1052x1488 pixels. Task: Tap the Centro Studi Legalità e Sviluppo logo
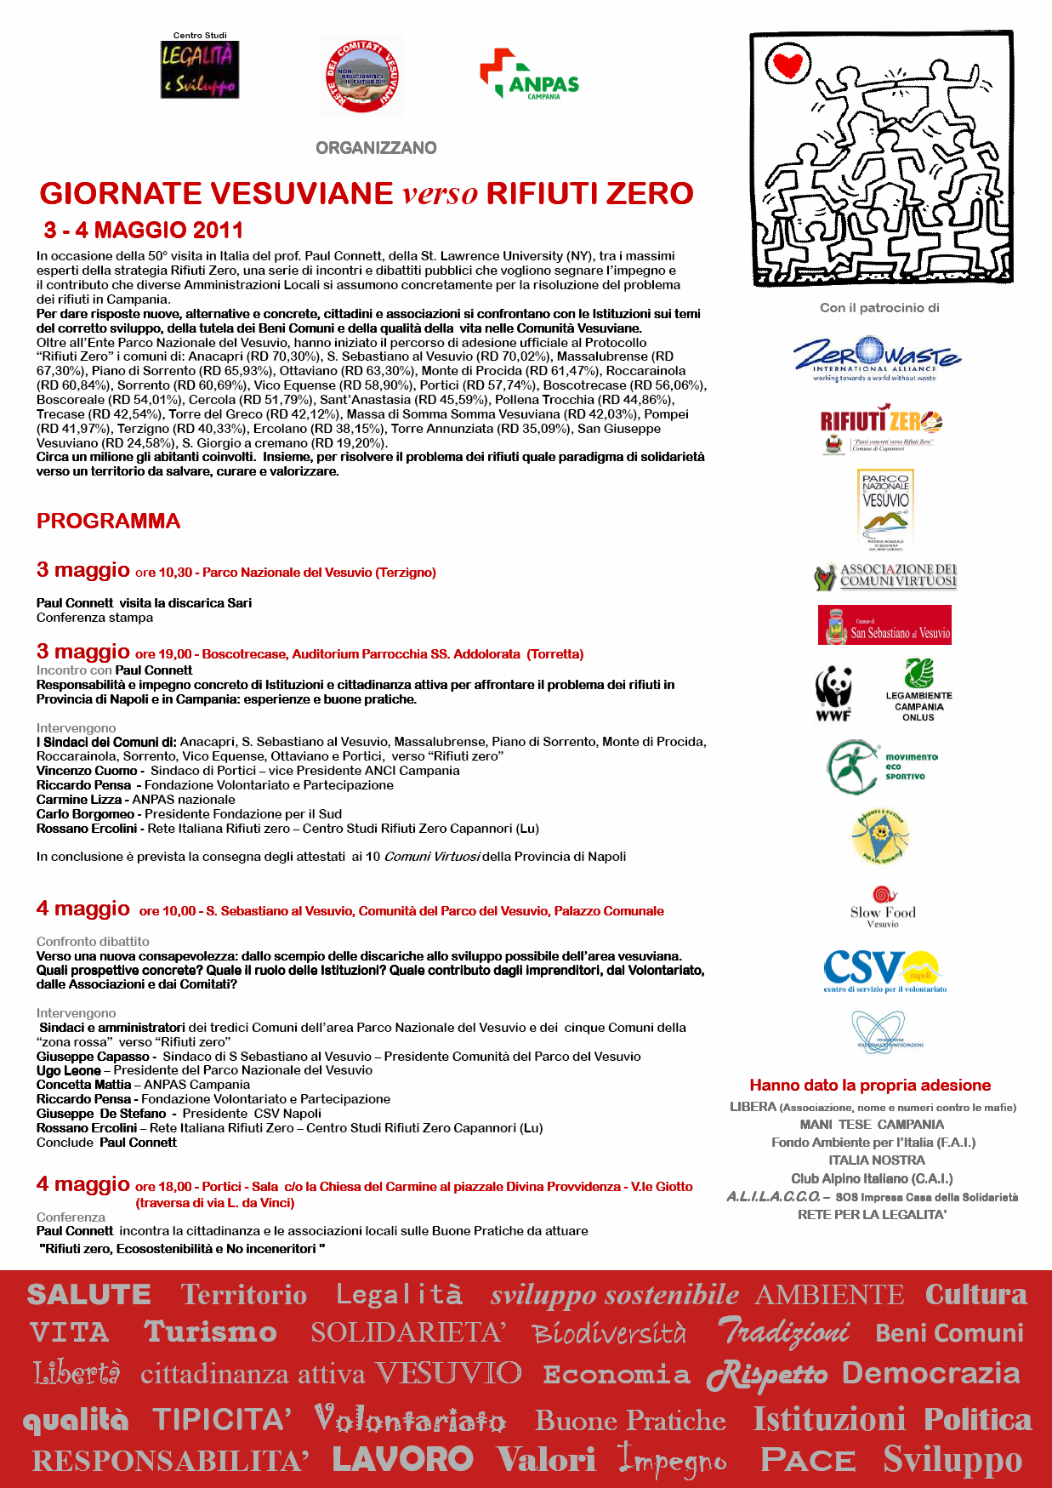(200, 69)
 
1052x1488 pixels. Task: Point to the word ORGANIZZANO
(376, 148)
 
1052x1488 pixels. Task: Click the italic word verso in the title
(441, 194)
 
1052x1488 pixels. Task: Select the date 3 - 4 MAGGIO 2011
(144, 231)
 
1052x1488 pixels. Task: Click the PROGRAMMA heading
(108, 522)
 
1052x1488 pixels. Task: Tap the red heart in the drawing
(787, 64)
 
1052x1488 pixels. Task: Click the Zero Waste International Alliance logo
(876, 358)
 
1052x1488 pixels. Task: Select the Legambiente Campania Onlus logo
(918, 690)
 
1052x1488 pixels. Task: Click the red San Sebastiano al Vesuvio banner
(884, 625)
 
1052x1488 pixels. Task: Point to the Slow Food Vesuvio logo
(883, 907)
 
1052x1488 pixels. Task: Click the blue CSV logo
(883, 971)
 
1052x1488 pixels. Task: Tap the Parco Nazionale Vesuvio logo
(885, 510)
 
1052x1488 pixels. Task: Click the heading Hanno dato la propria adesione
(870, 1086)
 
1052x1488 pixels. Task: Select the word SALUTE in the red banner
(88, 1295)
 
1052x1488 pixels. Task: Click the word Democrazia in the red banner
(930, 1373)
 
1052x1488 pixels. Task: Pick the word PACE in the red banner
(808, 1460)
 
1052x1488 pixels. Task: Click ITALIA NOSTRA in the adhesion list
(876, 1160)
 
